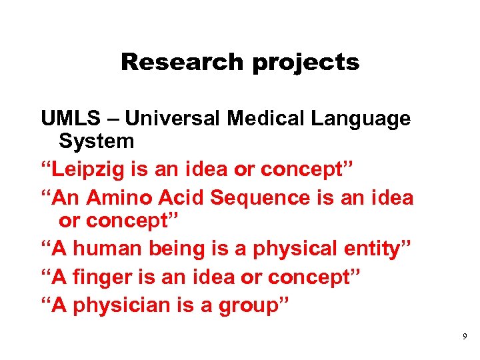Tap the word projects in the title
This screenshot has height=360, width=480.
[306, 62]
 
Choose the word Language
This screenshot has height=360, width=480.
[360, 120]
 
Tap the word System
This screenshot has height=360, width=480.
[96, 141]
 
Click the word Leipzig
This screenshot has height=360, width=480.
[87, 170]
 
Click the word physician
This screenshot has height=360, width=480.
[121, 305]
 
